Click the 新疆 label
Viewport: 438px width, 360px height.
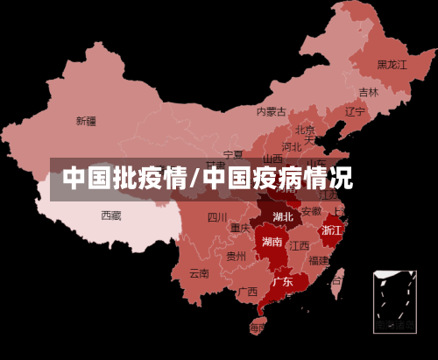click(x=86, y=121)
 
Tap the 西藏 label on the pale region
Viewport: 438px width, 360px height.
click(x=110, y=215)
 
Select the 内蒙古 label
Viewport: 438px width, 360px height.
click(x=271, y=111)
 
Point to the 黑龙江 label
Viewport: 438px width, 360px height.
click(x=392, y=64)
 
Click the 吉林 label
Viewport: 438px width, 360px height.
click(x=368, y=92)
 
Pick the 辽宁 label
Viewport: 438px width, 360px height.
click(x=355, y=111)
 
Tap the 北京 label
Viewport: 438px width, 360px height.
click(x=305, y=130)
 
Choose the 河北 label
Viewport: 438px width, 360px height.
click(x=291, y=146)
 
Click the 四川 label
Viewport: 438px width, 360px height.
click(x=216, y=217)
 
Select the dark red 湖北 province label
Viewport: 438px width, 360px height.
click(x=283, y=216)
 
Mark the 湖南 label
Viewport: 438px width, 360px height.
click(x=272, y=242)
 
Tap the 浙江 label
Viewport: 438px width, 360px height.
click(x=332, y=229)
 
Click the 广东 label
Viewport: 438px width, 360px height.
click(x=282, y=282)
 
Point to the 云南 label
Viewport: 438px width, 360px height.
click(x=199, y=272)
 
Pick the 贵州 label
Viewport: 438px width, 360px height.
click(x=236, y=257)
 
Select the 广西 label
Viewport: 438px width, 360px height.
click(x=248, y=291)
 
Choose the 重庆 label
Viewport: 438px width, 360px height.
click(x=240, y=228)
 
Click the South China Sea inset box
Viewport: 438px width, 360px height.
click(x=394, y=300)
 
